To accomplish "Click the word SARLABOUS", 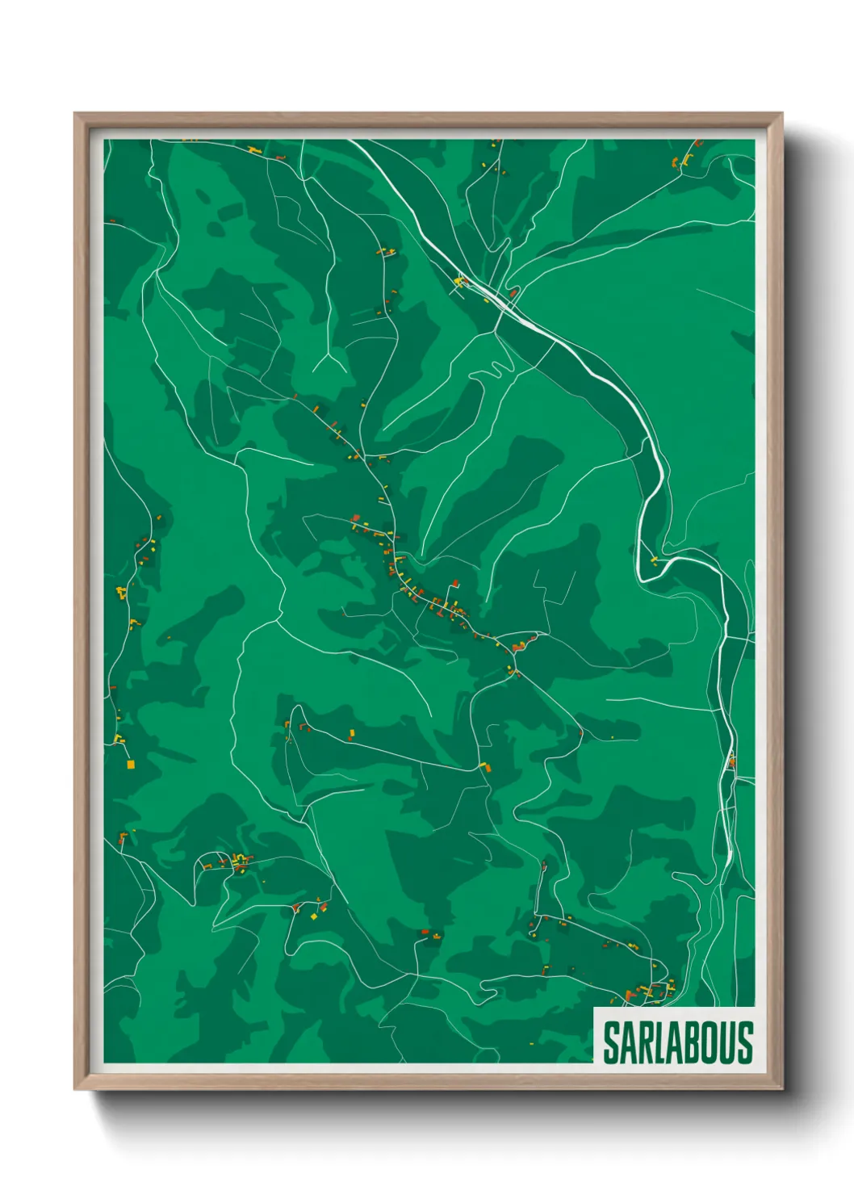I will point(677,1042).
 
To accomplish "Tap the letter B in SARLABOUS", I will point(693,1042).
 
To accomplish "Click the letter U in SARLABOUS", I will point(729,1042).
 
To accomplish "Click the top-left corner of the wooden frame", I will point(75,114).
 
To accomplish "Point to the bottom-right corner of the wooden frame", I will point(781,1088).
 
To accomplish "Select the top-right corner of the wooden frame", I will point(781,114).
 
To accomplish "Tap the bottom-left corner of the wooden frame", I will point(75,1088).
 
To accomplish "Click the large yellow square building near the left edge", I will point(130,764).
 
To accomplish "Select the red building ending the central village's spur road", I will point(456,582).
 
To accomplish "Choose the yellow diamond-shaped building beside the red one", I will point(314,916).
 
